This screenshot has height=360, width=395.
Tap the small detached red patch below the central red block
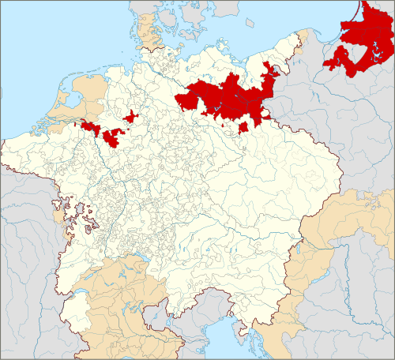[x=244, y=126]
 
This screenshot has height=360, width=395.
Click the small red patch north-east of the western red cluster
[x=130, y=117]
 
